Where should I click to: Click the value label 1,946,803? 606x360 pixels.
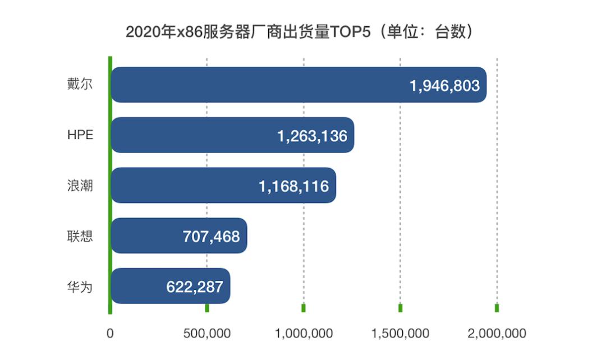[444, 86]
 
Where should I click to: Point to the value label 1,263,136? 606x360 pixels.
[312, 136]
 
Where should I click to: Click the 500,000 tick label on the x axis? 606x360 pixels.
[207, 334]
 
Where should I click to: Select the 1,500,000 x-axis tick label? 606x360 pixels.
[400, 334]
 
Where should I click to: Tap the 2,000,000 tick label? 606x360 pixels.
[497, 334]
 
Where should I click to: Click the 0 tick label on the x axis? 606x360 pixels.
[110, 334]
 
